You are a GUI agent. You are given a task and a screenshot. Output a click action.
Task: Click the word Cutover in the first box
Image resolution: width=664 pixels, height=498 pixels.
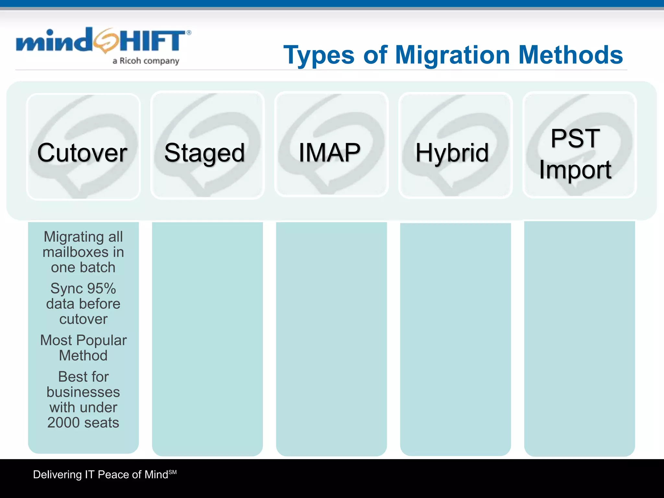pos(82,153)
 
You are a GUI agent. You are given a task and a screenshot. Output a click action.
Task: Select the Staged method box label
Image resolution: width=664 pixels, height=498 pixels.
pos(204,153)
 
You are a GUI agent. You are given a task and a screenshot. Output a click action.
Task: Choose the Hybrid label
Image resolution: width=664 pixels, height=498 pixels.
pos(452,153)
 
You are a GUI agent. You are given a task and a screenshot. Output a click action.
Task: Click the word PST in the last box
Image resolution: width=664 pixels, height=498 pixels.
pos(575,138)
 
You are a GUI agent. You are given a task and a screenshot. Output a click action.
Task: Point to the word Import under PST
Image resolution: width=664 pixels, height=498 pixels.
pos(575,170)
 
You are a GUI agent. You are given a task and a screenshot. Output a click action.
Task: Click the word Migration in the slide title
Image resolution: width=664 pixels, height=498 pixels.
pos(453,55)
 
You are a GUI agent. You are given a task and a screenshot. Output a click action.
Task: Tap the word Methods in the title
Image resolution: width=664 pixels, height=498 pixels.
pos(571,55)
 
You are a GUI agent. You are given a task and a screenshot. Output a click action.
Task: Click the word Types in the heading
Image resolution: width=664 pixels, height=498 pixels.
pos(319,55)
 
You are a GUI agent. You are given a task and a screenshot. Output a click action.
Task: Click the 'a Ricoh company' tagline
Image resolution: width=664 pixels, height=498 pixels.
pos(146,61)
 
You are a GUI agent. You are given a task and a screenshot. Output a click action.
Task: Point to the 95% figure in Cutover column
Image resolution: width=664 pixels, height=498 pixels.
pos(101,289)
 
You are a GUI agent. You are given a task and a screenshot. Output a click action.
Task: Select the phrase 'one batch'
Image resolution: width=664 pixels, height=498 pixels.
pos(83,267)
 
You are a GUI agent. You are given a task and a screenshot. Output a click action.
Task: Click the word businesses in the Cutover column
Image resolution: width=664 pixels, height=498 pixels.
pos(83,392)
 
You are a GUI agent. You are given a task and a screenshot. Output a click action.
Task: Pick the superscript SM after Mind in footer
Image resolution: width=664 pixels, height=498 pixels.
pos(172,472)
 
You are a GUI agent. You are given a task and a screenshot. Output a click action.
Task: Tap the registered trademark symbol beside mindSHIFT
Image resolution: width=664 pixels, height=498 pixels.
pos(189,32)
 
